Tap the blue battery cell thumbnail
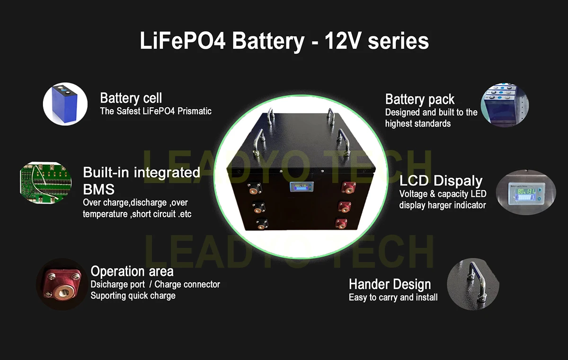(65, 104)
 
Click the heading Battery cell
(131, 98)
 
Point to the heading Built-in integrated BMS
(141, 180)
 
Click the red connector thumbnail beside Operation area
(61, 284)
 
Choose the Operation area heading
(132, 272)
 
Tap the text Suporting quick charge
(133, 296)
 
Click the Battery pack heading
(420, 99)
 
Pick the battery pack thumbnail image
(505, 105)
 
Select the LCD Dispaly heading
(441, 181)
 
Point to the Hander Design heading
(390, 284)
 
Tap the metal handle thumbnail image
(473, 284)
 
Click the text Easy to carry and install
(393, 298)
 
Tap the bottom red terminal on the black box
(340, 223)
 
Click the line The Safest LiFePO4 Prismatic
(156, 111)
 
